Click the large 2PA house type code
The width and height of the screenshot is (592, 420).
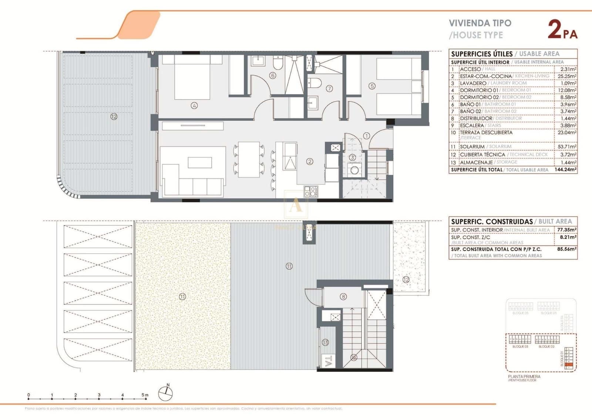pos(562,30)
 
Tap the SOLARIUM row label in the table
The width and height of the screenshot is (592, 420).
pos(472,147)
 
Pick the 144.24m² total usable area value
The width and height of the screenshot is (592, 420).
pos(565,169)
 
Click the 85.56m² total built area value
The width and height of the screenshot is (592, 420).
pos(566,249)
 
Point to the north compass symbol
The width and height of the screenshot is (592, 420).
pos(165,393)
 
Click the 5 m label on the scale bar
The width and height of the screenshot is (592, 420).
pos(145,395)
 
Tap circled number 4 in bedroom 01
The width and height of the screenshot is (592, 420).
pos(194,105)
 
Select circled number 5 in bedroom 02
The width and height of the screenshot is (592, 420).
pos(372,86)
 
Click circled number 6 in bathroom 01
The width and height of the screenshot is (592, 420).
pos(273,75)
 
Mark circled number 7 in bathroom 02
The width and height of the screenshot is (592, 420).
pos(329,88)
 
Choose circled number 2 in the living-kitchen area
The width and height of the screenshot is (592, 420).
pos(310,161)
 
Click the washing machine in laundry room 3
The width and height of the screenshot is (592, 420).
pos(354,170)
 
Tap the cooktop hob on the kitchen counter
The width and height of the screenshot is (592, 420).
pos(311,191)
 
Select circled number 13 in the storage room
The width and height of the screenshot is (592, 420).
pos(325,342)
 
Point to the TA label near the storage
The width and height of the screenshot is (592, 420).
pos(327,361)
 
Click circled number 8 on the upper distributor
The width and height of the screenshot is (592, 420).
pos(343,296)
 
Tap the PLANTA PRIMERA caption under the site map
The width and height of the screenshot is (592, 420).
pos(524,376)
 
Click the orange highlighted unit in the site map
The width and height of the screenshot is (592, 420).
pos(569,365)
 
